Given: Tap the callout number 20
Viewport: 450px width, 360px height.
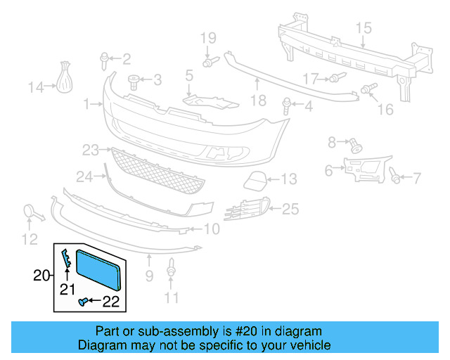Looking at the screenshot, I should point(42,276).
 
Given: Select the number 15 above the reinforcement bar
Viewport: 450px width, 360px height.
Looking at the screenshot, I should point(363,28).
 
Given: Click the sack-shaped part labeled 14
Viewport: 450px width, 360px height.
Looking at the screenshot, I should point(65,78).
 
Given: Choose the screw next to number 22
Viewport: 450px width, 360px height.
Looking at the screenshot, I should point(83,302).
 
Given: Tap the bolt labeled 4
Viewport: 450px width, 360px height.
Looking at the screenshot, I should point(287,107).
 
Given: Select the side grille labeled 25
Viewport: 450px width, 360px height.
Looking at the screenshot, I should point(245,209).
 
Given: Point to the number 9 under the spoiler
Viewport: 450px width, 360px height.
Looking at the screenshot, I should point(149,277).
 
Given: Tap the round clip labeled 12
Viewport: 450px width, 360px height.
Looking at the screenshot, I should point(31,211).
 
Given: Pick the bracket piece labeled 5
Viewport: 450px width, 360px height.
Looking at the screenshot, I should point(205,99).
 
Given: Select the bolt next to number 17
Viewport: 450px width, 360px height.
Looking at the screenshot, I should point(335,77).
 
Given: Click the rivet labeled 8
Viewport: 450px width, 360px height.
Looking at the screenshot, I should point(355,146).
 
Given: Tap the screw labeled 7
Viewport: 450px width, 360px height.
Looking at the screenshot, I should point(396,178).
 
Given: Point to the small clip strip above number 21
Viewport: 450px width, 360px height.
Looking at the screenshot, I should point(65,259).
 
